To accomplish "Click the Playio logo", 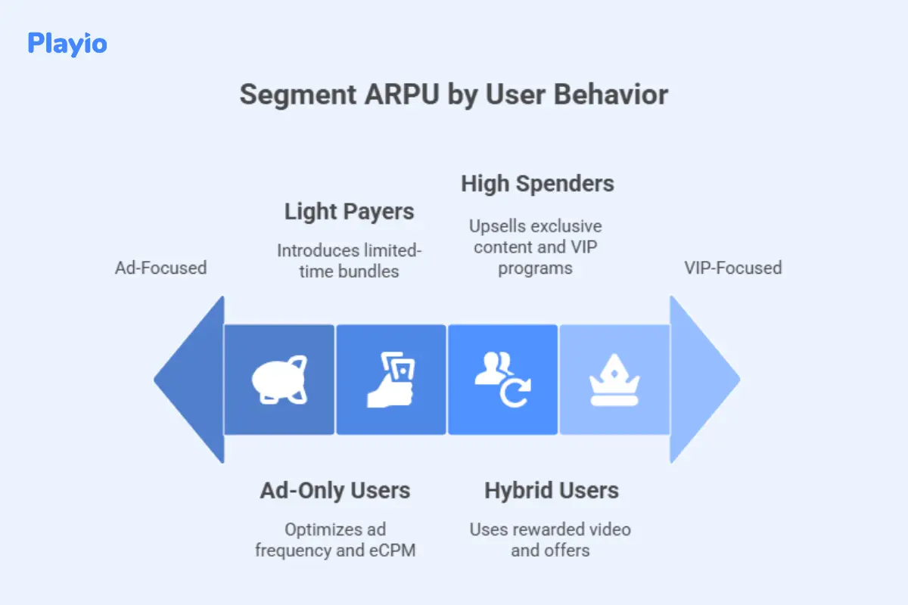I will click(x=67, y=43).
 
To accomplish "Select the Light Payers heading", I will click(x=349, y=212).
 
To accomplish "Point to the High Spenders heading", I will click(x=537, y=184).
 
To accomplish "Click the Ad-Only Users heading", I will click(x=334, y=491).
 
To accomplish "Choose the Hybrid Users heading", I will click(x=551, y=491).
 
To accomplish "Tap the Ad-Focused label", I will click(x=160, y=268).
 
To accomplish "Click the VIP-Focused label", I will click(x=732, y=268).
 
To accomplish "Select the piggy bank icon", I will click(x=279, y=380).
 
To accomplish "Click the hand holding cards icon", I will click(x=390, y=380).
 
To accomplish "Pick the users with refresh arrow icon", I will click(x=502, y=380).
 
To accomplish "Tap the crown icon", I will click(x=614, y=380).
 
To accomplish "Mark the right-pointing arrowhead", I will click(x=703, y=380).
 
